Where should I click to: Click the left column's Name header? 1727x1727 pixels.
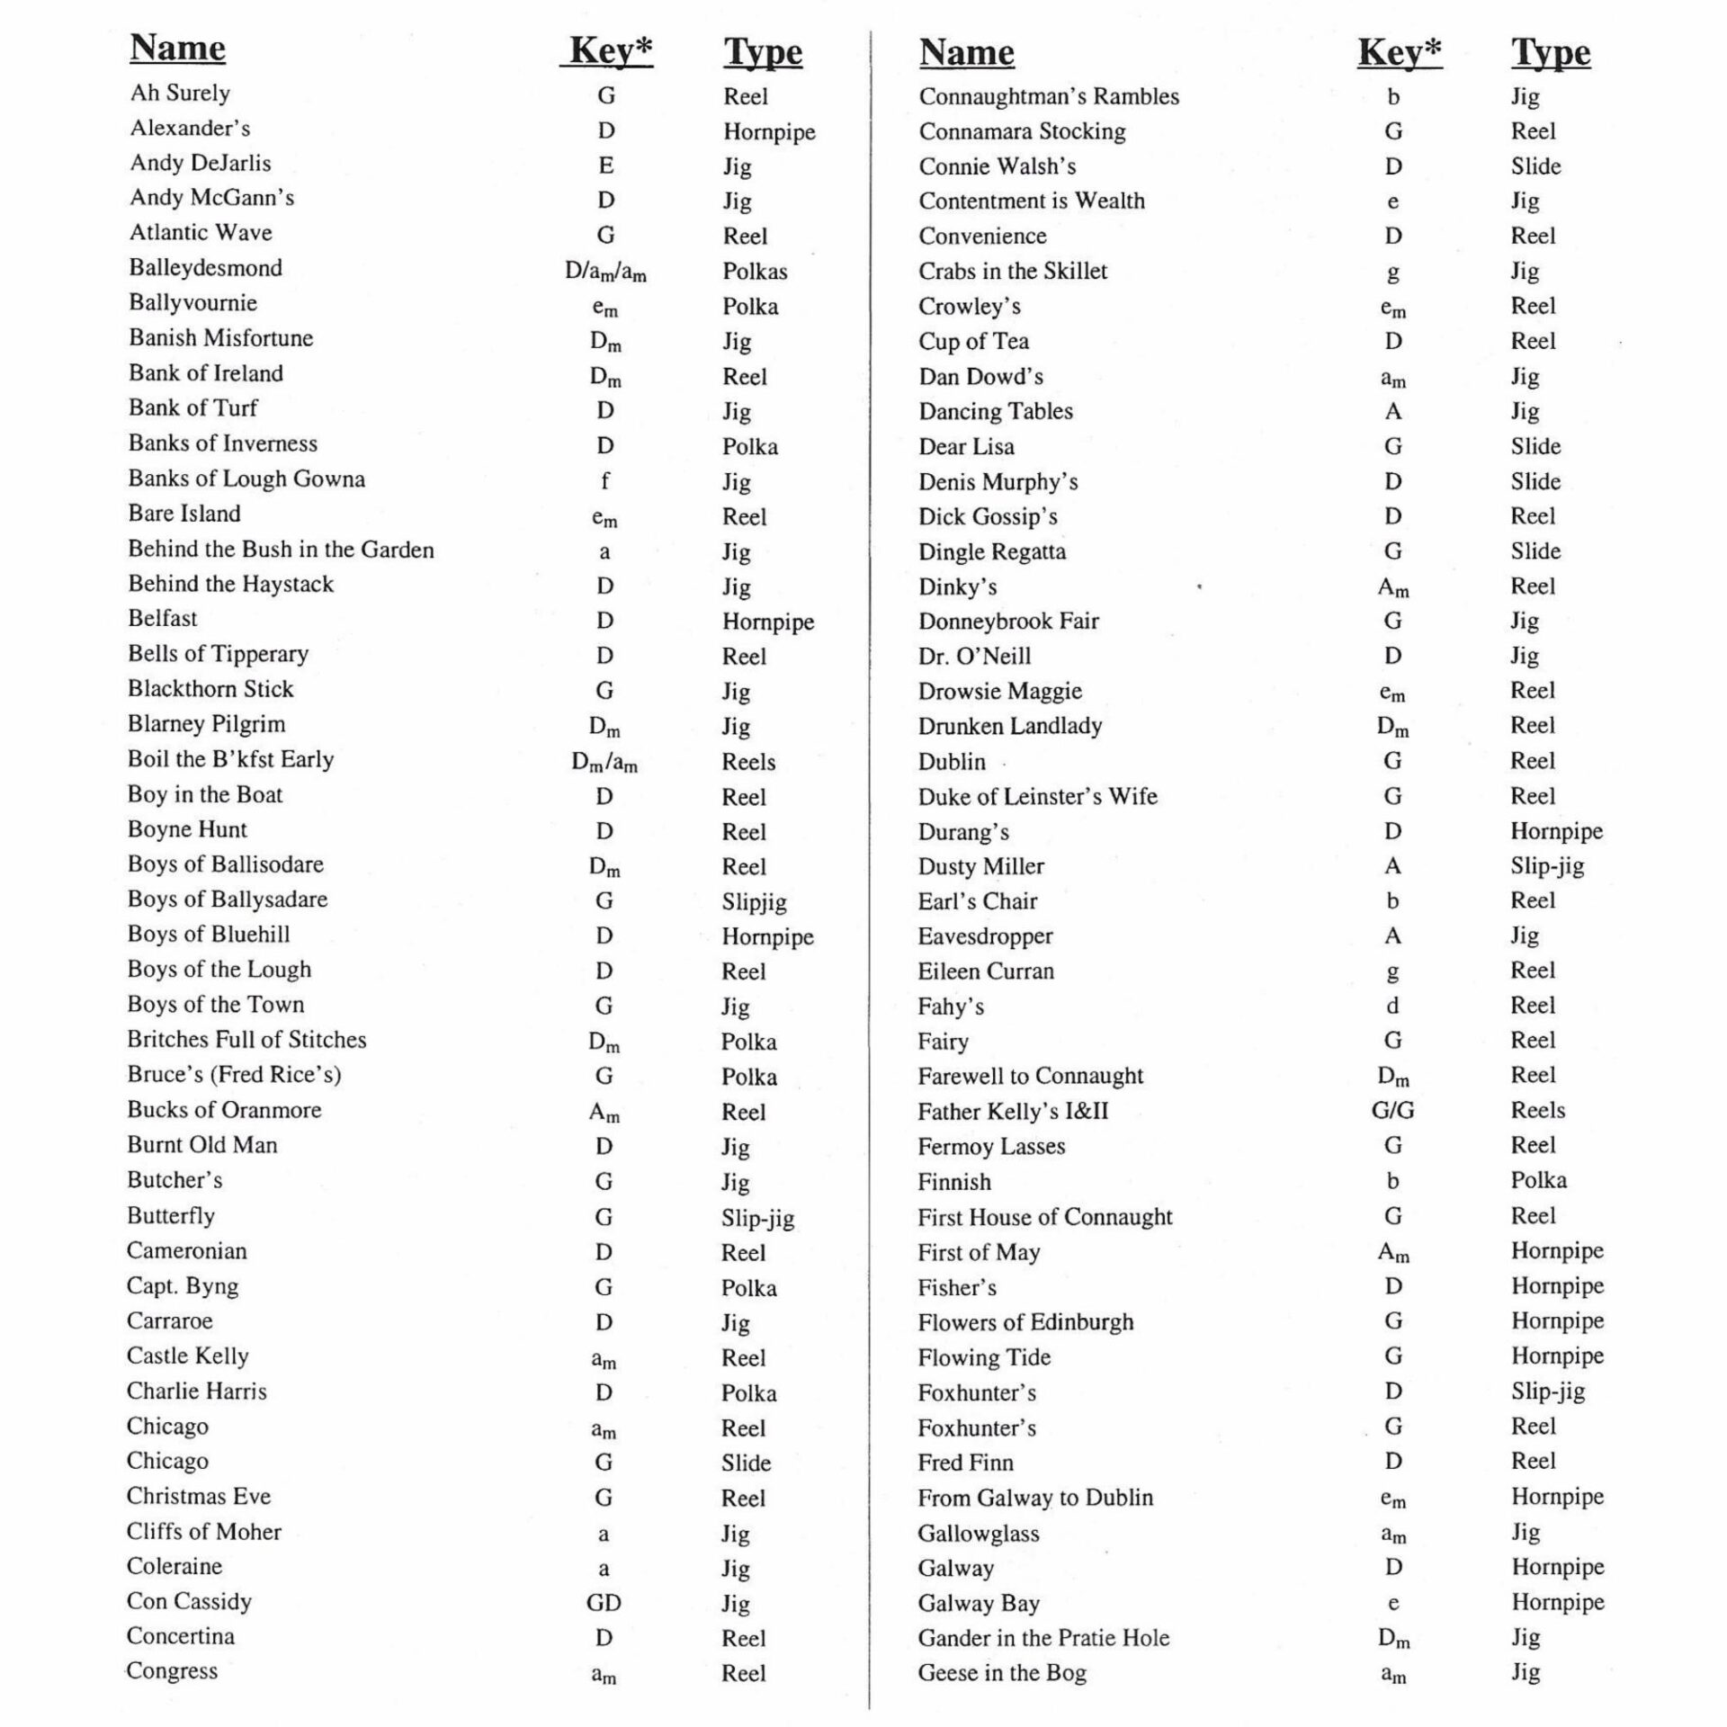click(177, 48)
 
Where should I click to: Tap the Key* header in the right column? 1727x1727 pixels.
click(1399, 52)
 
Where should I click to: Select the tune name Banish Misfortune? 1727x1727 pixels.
click(220, 338)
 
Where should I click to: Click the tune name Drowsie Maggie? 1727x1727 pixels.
click(999, 691)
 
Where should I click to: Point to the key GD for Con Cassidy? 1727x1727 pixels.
click(604, 1603)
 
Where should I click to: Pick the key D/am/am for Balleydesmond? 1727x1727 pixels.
click(605, 271)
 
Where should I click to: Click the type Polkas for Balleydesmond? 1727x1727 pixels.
click(755, 272)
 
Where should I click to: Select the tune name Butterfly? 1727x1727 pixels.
click(170, 1216)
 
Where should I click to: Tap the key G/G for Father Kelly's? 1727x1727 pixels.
click(1392, 1111)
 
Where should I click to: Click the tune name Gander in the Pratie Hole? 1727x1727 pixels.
click(1043, 1638)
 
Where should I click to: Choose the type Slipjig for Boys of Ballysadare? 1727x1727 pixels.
click(754, 901)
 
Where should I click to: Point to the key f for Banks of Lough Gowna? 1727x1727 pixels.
click(604, 481)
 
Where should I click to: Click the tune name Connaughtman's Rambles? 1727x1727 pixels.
click(1048, 96)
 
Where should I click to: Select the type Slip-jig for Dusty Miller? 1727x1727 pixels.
click(1547, 866)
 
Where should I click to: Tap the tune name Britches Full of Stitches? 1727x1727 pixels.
click(246, 1040)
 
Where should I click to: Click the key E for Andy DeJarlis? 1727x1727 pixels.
click(605, 166)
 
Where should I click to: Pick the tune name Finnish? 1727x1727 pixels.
click(953, 1182)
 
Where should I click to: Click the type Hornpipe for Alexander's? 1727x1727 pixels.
click(769, 131)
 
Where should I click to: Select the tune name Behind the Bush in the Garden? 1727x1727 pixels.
click(281, 550)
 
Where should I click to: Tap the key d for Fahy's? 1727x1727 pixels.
click(1392, 1006)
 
